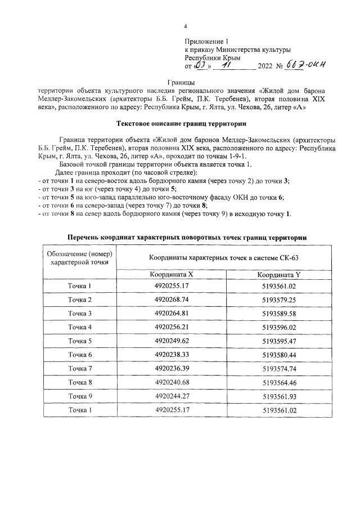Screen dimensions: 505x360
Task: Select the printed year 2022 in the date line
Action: point(264,66)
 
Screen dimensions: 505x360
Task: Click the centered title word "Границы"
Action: point(180,82)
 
